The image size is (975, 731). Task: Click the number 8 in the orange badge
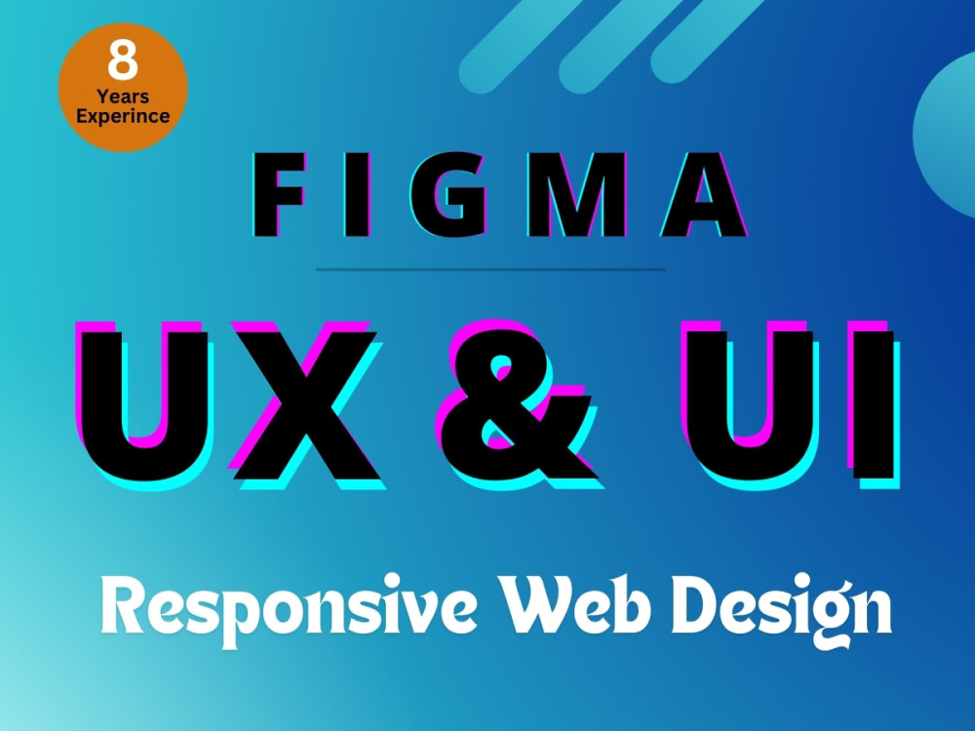(x=123, y=60)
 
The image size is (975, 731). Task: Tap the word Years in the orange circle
(x=123, y=96)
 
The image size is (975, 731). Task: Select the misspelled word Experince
(x=123, y=117)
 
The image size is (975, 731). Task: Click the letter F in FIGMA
(x=279, y=194)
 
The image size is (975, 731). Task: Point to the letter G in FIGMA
(x=448, y=194)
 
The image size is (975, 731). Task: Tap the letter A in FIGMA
(x=704, y=194)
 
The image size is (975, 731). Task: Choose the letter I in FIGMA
(x=357, y=194)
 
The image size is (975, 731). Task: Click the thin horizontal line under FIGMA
(x=490, y=270)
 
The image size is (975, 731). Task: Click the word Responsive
(x=290, y=608)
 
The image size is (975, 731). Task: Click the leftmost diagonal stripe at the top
(x=520, y=44)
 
